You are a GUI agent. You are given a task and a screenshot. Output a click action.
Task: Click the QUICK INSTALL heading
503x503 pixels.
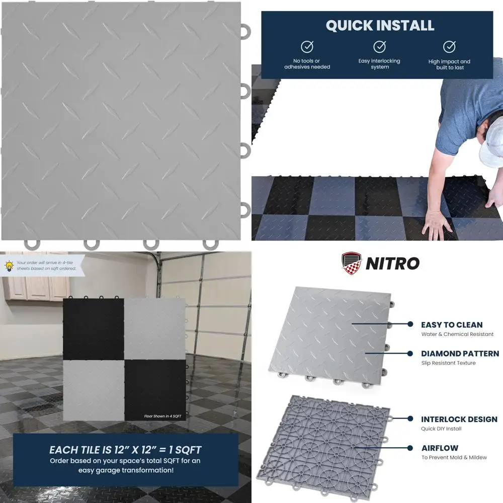tap(380, 26)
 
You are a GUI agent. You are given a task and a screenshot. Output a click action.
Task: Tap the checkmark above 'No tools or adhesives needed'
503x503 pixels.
tap(307, 47)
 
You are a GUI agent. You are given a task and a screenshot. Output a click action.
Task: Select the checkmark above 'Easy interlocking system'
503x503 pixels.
tap(379, 47)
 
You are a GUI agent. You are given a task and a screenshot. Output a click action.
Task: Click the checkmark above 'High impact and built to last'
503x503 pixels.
tap(449, 47)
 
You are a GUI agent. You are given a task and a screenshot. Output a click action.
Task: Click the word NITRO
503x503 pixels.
tap(392, 263)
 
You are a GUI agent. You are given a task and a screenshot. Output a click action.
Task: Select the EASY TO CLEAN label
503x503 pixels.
tap(452, 325)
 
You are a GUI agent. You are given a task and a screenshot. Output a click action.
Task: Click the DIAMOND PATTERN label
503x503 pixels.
tap(460, 354)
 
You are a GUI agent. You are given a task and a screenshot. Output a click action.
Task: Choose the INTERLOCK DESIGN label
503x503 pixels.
tap(459, 419)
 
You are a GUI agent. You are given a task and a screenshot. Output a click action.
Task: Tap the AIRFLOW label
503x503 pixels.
tap(440, 448)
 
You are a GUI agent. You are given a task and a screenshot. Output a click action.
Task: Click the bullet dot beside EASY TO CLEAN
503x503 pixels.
tap(410, 325)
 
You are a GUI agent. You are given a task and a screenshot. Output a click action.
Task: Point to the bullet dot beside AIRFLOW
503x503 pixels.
tap(410, 448)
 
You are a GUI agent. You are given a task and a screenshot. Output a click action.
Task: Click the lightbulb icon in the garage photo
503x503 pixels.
tap(9, 266)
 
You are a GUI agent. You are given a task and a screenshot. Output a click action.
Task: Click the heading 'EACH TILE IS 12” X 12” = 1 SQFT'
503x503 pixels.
tap(125, 450)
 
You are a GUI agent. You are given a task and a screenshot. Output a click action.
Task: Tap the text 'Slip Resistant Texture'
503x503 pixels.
tap(448, 363)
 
